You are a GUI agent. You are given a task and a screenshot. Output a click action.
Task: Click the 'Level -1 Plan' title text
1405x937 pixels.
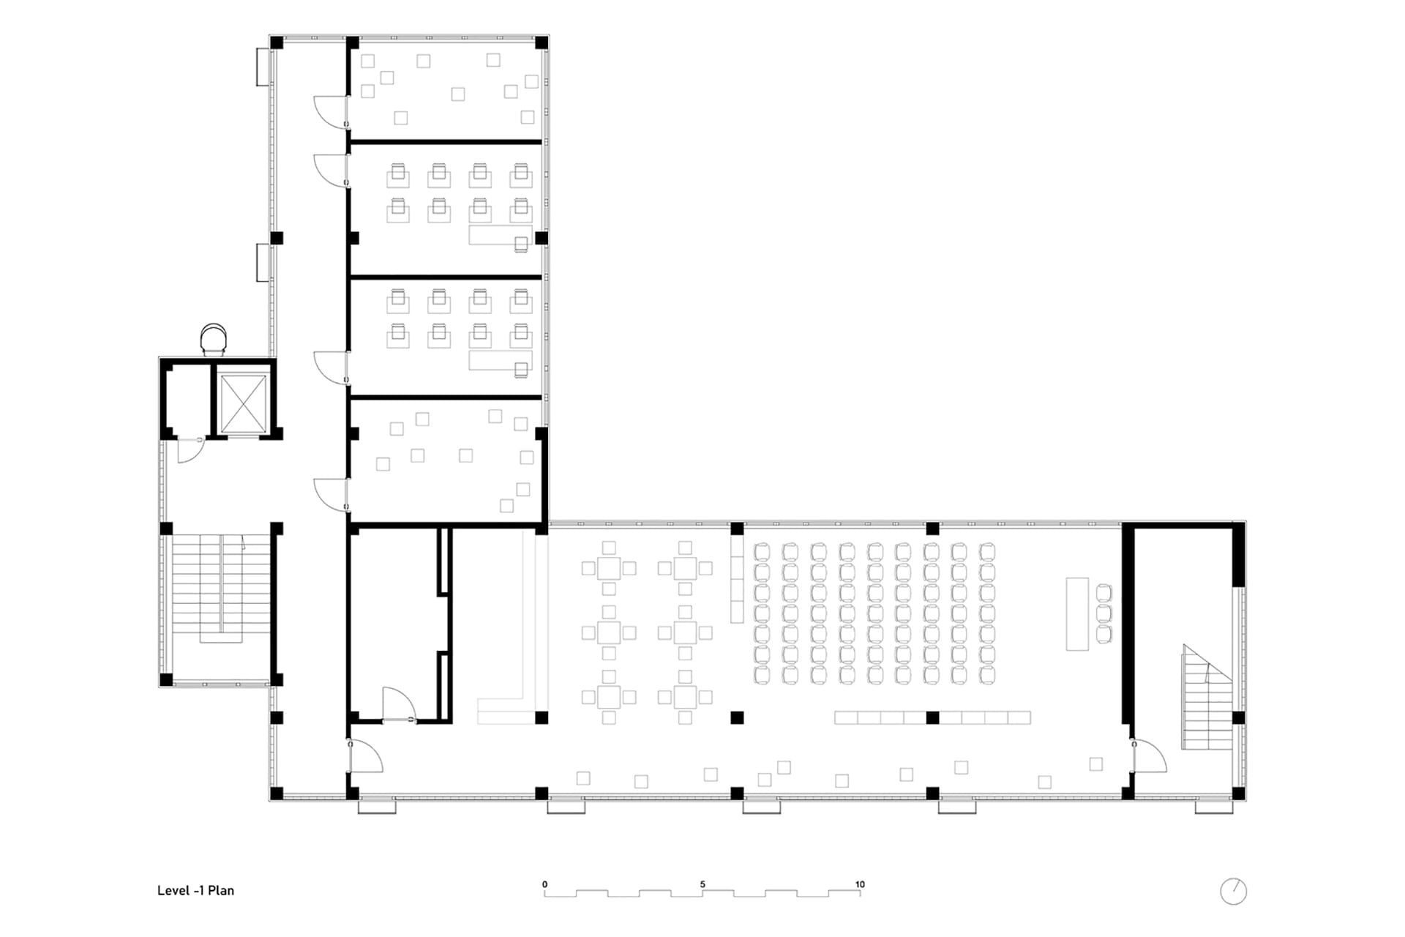(195, 890)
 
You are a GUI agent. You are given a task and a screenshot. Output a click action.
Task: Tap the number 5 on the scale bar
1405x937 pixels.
(702, 884)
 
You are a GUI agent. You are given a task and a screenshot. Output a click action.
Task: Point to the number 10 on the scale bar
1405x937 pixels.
(860, 884)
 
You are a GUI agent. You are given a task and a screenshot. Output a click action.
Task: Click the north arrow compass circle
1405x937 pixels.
(1234, 891)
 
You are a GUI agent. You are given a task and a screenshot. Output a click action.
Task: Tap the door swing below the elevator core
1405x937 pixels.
(190, 450)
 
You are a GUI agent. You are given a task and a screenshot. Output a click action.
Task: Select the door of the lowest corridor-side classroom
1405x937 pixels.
(330, 494)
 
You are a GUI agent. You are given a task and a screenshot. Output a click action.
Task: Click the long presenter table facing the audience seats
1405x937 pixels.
(1077, 614)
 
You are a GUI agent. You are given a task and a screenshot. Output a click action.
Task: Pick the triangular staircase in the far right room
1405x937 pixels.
(1207, 697)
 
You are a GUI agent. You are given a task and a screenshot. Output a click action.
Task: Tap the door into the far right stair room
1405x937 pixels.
(1149, 755)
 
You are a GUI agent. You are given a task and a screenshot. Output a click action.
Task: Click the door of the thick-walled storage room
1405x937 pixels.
(399, 704)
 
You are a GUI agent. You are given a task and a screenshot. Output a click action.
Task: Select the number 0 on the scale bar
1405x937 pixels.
(545, 884)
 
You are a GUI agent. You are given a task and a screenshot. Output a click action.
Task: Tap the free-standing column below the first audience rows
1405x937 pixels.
(737, 717)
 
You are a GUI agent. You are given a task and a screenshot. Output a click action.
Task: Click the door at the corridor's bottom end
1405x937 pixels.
(366, 755)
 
